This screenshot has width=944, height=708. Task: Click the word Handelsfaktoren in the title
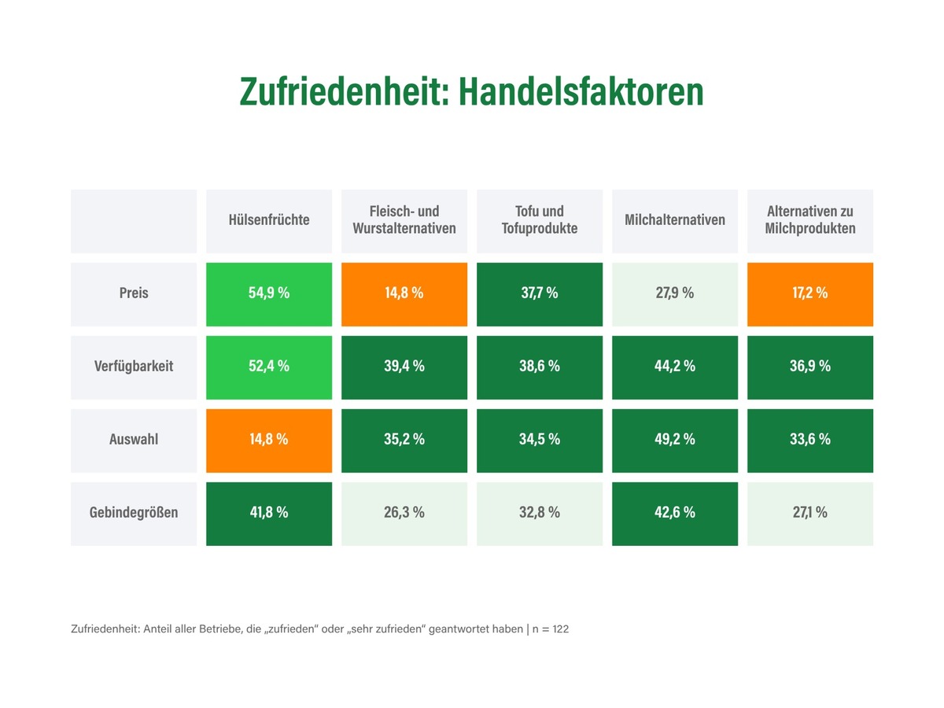coord(581,92)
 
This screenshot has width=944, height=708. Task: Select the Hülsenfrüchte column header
coord(269,220)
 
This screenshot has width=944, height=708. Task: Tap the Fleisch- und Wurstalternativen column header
coord(404,220)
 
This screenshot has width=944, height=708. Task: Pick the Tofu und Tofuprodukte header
coord(540,220)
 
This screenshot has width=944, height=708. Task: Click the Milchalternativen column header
coord(675,220)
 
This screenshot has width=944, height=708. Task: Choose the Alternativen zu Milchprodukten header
coord(810,220)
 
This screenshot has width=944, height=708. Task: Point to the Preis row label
coord(134,293)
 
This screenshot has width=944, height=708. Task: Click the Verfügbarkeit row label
coord(134,367)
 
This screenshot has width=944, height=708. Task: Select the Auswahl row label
coord(134,440)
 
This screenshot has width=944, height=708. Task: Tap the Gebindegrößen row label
coord(134,513)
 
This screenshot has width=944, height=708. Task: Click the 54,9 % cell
coord(269,293)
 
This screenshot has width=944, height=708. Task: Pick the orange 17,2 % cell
coord(810,293)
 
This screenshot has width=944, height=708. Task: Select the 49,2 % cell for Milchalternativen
coord(675,440)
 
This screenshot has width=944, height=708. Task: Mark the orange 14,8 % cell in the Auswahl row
coord(269,440)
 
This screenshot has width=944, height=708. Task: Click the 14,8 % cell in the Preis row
coord(404,293)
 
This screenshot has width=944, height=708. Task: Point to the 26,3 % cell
coord(404,513)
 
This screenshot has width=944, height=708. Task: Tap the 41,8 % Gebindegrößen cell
coord(269,513)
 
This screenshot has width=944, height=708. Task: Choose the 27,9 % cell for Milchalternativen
coord(675,293)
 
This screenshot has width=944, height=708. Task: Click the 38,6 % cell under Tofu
coord(540,367)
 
